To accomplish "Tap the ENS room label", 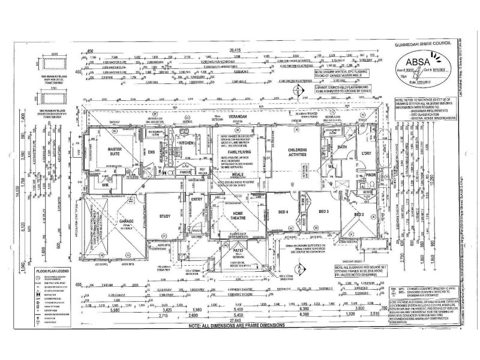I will click(152, 152).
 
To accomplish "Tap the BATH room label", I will click(343, 146).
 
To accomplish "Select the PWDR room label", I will click(370, 175).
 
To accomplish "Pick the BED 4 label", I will click(284, 212).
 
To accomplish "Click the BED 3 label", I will click(324, 212).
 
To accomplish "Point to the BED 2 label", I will click(359, 214).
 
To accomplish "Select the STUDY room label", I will click(166, 217).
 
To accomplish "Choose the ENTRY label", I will click(197, 199).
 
